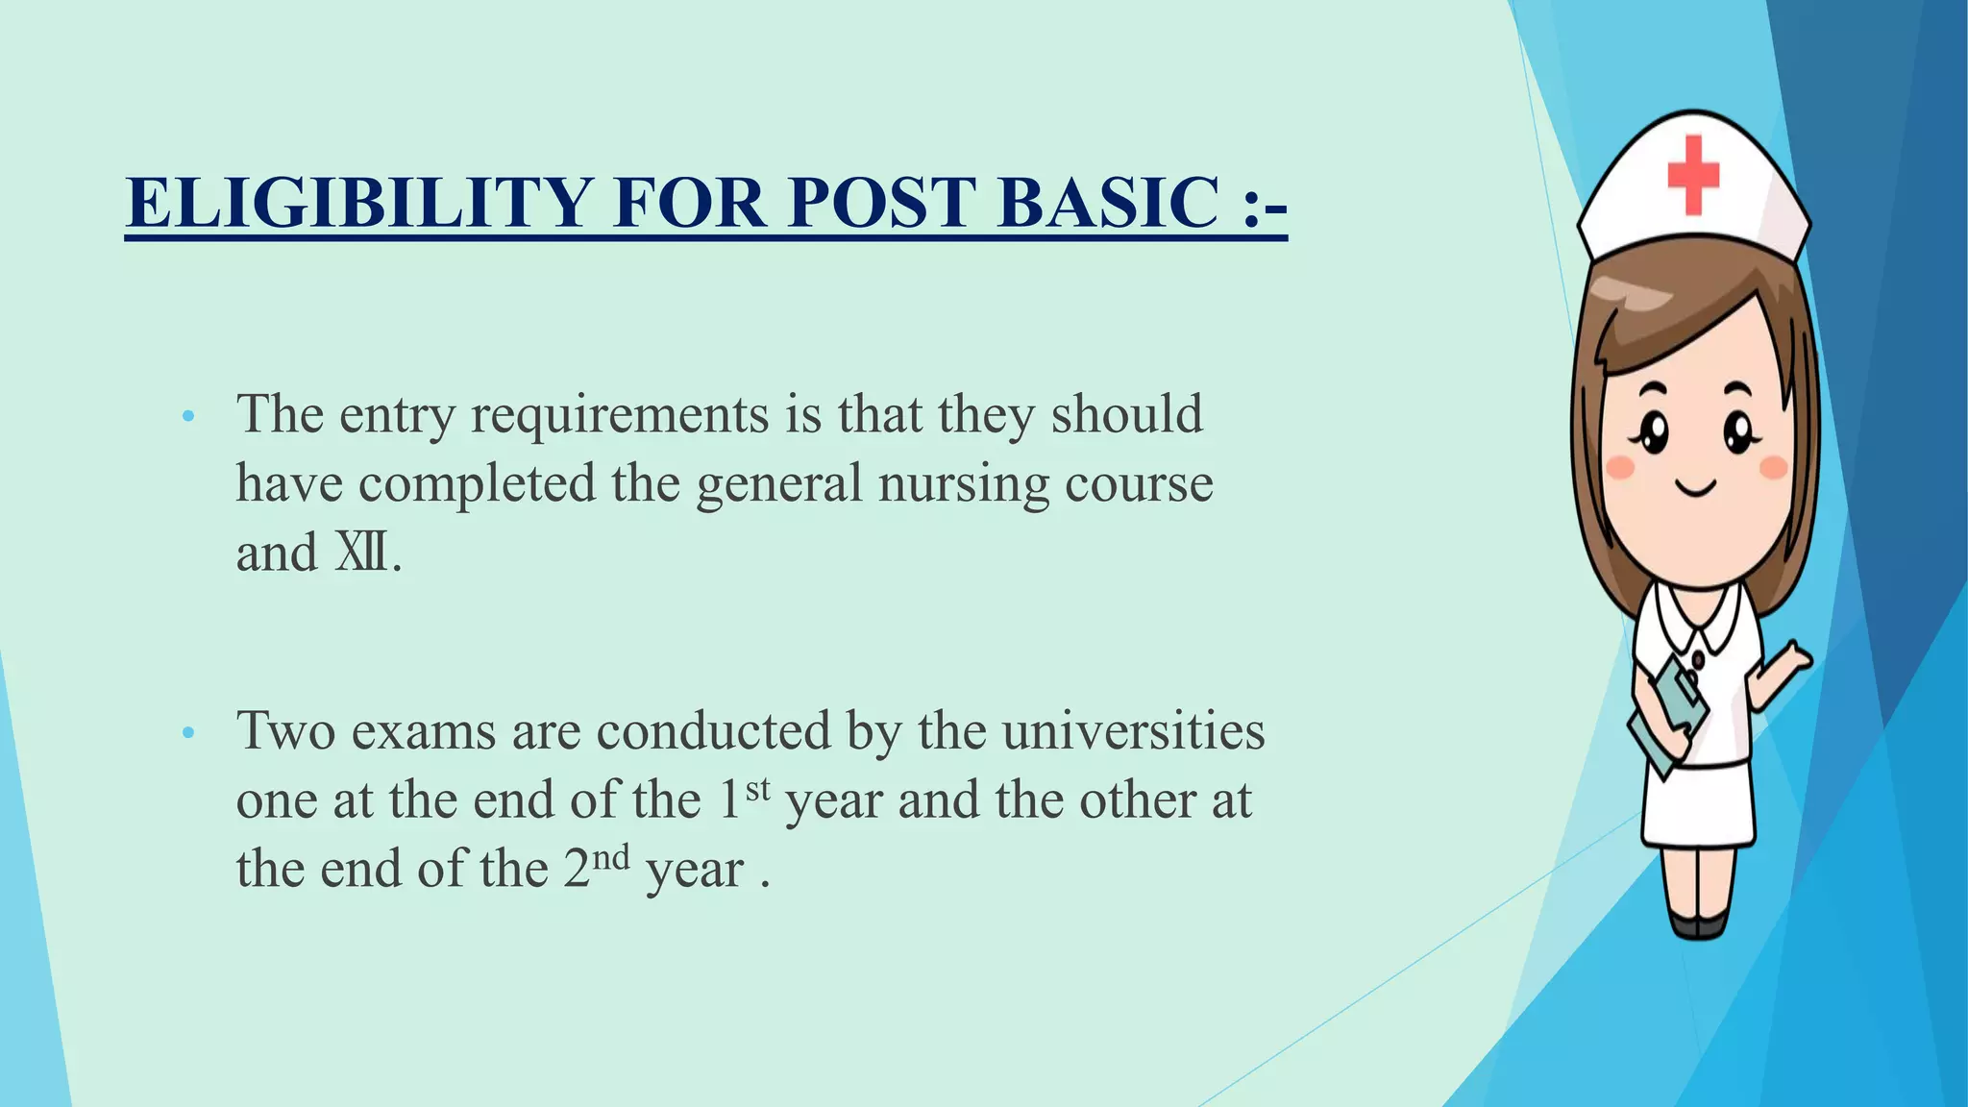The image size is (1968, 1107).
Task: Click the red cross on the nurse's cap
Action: click(x=1692, y=174)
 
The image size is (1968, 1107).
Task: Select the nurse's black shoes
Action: click(x=1698, y=924)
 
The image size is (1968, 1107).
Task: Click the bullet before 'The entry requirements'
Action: click(x=188, y=417)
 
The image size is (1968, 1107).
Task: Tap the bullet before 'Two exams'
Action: click(x=188, y=733)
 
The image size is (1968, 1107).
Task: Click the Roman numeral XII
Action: click(x=361, y=553)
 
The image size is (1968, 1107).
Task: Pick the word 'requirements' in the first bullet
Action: click(x=619, y=415)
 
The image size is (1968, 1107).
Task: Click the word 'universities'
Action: click(x=1133, y=731)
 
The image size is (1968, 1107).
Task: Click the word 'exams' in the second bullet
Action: click(x=424, y=731)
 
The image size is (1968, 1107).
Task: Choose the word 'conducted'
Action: click(x=713, y=731)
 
